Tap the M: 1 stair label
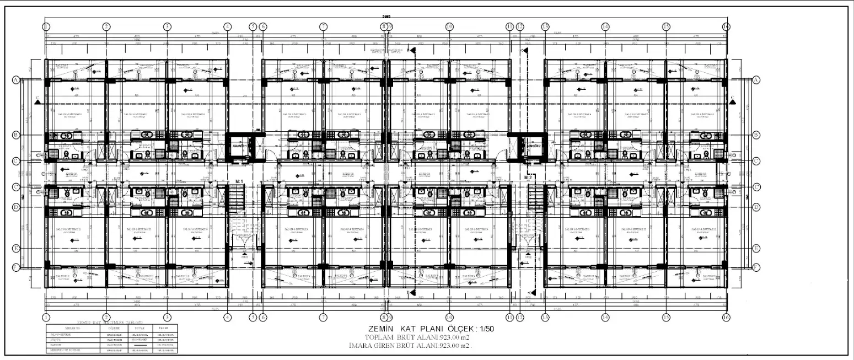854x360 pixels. coord(239,181)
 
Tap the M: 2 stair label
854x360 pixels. coord(528,178)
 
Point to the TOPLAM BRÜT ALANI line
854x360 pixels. coord(417,337)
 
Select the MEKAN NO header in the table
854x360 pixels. coord(73,329)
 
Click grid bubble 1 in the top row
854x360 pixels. coord(46,26)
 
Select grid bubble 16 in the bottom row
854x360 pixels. coord(726,318)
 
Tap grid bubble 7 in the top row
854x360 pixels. coord(324,26)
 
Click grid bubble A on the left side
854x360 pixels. coord(16,80)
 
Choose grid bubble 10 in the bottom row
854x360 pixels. coord(449,318)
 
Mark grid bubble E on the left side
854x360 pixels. coord(16,249)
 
